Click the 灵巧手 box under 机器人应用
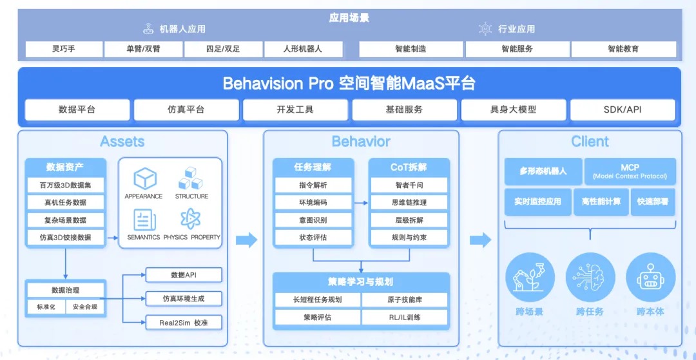click(x=64, y=49)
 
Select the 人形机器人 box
click(x=303, y=49)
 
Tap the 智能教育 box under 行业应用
click(x=623, y=49)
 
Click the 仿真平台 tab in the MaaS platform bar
click(x=186, y=109)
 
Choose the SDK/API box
click(x=623, y=109)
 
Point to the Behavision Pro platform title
click(x=349, y=83)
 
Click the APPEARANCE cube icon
click(x=144, y=178)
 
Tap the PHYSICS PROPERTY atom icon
click(x=191, y=220)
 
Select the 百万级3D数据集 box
click(x=65, y=185)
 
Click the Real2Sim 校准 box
click(x=184, y=322)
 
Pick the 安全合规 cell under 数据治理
click(x=85, y=307)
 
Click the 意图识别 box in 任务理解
click(x=313, y=220)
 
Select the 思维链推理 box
click(x=409, y=203)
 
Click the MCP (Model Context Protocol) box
click(x=630, y=171)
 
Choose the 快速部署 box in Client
click(x=652, y=202)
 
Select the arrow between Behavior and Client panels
click(x=480, y=241)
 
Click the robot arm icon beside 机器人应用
click(x=148, y=29)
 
